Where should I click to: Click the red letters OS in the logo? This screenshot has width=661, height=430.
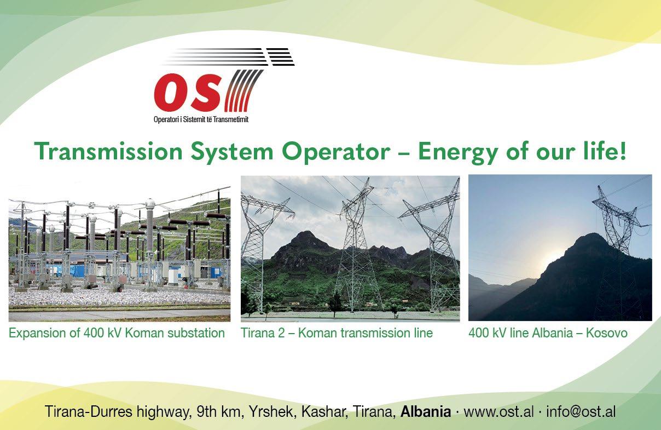[188, 92]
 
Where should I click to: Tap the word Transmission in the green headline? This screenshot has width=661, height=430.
[108, 151]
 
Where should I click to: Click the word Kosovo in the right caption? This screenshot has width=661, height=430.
[607, 333]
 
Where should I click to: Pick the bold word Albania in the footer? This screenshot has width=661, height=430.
[426, 411]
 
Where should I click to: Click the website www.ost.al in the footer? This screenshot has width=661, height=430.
[498, 411]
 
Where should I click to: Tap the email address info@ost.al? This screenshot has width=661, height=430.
[581, 411]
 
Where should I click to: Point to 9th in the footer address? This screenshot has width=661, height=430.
[206, 411]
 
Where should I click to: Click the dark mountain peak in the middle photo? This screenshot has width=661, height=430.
[305, 236]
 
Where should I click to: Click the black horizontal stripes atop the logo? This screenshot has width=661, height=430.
[229, 57]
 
